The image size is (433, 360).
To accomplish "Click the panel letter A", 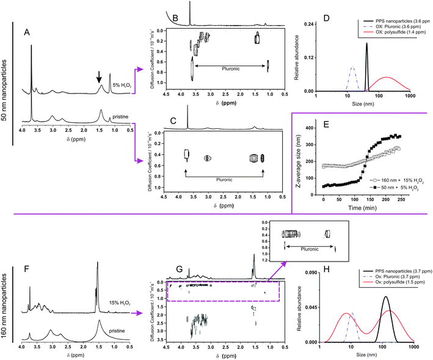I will (x=26, y=31).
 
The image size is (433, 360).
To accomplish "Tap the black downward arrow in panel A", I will (x=99, y=77).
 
